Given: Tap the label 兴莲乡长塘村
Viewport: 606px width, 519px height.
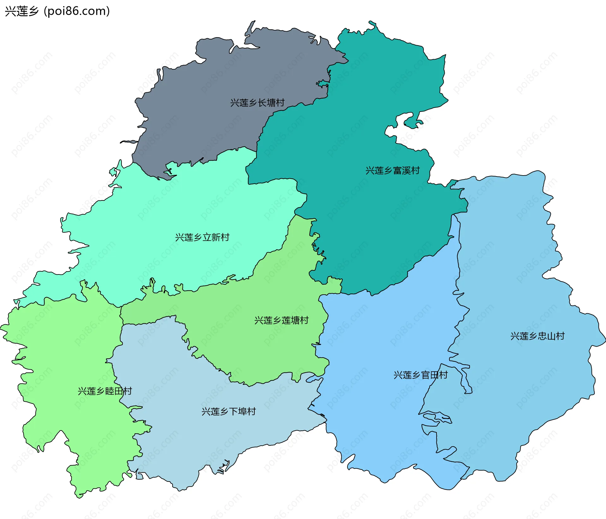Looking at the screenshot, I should point(257,103).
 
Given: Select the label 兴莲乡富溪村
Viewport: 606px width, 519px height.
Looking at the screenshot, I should point(393,170).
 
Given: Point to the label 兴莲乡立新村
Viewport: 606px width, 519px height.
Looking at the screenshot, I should point(202,237).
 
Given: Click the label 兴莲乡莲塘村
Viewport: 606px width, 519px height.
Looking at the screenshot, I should point(282,320).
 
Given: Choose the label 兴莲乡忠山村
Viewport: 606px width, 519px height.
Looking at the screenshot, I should point(538,336).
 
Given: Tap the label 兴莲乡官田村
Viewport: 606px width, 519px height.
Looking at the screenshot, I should point(421,375).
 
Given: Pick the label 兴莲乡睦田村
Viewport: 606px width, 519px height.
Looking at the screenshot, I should point(105,391).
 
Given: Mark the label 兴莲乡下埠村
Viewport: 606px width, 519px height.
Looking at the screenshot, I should point(229,412).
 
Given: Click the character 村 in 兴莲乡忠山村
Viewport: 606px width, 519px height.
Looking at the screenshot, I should point(561,336).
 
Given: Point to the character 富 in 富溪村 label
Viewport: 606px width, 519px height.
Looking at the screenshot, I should point(397,170).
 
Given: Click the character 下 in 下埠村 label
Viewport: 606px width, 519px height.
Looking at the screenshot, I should point(234,412).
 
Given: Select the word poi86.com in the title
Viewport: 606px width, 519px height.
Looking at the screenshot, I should point(77,11).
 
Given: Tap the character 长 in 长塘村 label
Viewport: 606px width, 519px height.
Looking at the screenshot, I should point(262,103).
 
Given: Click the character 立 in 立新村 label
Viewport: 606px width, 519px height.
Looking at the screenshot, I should point(207,237).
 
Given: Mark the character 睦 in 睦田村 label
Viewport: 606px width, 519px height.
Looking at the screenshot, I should point(110,391).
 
